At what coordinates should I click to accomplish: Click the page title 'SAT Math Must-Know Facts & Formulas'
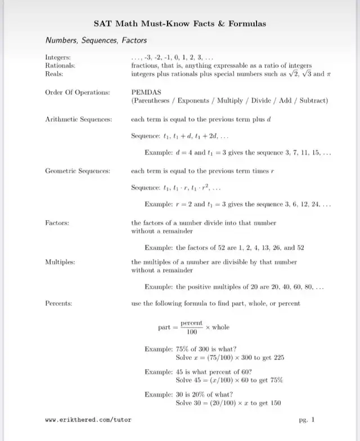pos(180,24)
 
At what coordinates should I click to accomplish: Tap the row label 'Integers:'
pos(58,57)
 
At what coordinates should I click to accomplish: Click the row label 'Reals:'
pos(54,73)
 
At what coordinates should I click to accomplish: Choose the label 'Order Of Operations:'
pos(77,92)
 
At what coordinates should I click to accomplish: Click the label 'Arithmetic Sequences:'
pos(78,119)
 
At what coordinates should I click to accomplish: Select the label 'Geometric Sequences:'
pos(78,170)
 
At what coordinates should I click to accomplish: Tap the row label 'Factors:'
pos(57,223)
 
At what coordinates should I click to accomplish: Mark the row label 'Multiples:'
pos(60,262)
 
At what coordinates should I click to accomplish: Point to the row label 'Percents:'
pos(58,304)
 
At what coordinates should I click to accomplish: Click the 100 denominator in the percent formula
pos(191,332)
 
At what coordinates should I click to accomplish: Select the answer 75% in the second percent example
pos(276,380)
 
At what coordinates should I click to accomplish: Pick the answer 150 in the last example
pos(276,403)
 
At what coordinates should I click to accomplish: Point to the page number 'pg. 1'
pos(307,420)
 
